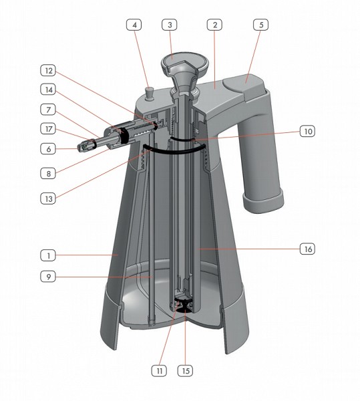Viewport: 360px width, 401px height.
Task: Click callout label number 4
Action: click(x=134, y=25)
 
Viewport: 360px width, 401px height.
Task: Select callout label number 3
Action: click(x=170, y=25)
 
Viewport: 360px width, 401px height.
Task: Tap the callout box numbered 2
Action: click(x=214, y=25)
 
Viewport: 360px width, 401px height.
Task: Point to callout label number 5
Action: click(x=261, y=25)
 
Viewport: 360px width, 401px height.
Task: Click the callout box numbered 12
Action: click(x=48, y=70)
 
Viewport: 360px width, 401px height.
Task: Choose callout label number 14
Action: click(x=48, y=90)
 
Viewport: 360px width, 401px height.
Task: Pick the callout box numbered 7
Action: click(x=48, y=110)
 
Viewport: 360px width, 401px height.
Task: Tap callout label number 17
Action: click(x=48, y=128)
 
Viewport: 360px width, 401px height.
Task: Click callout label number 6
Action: click(x=48, y=148)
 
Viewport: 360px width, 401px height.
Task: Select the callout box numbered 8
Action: click(x=48, y=173)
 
